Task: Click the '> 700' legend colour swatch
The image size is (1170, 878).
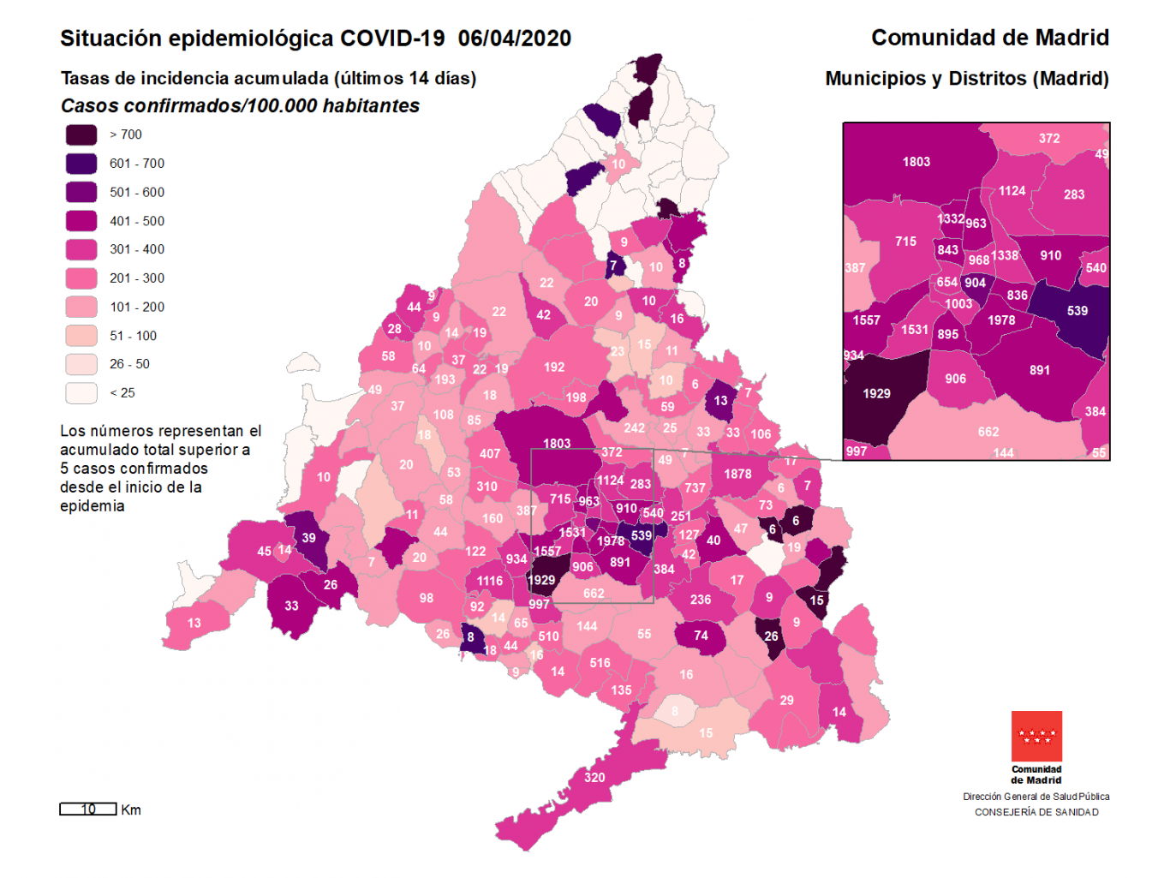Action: click(x=81, y=134)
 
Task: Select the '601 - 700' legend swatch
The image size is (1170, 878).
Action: click(x=81, y=164)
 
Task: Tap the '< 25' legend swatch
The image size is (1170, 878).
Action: click(x=81, y=393)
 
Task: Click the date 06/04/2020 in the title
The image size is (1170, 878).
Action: click(x=514, y=39)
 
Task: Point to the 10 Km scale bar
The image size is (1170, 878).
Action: click(x=88, y=809)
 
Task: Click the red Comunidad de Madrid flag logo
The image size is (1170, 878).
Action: click(x=1036, y=736)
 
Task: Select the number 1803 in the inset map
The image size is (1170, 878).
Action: click(x=916, y=162)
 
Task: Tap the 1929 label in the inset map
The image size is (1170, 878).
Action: click(x=876, y=394)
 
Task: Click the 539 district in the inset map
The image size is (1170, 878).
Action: click(x=1077, y=311)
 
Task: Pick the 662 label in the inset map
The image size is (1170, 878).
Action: click(x=988, y=432)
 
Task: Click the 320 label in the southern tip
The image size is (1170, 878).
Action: click(x=594, y=778)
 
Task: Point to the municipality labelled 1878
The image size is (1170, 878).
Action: click(x=737, y=474)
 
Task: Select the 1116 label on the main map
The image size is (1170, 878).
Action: click(x=490, y=581)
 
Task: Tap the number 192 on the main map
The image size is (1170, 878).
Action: click(x=554, y=367)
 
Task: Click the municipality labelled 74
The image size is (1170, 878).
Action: click(x=701, y=636)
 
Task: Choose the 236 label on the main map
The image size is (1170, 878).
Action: click(x=701, y=600)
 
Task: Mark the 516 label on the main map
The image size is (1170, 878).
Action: click(x=600, y=663)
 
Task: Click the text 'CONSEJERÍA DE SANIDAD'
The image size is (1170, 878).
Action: click(x=1036, y=812)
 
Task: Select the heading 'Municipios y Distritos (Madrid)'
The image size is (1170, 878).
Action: click(x=966, y=79)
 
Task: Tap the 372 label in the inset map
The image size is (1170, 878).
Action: click(x=1049, y=138)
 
